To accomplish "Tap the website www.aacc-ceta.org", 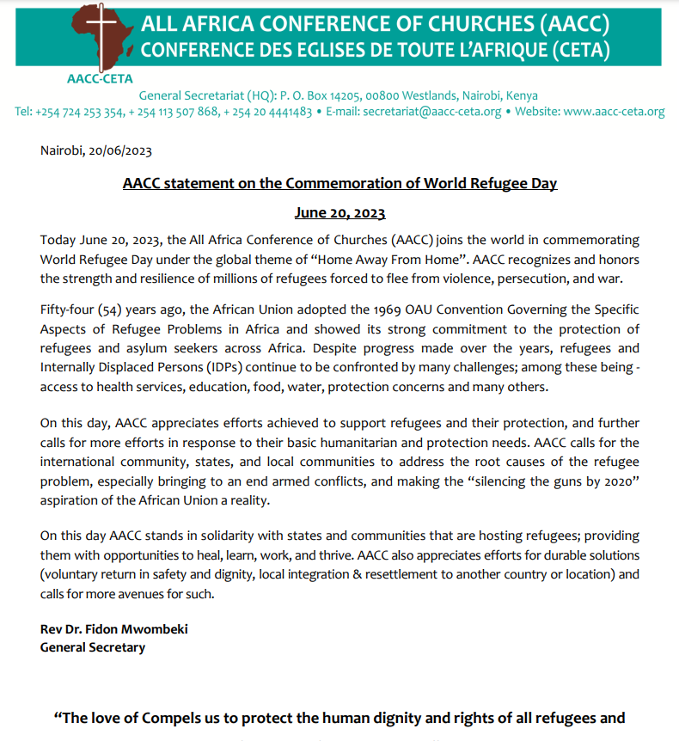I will point(615,112).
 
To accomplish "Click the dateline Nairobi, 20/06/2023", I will point(96,151).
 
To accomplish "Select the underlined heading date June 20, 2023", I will point(339,213).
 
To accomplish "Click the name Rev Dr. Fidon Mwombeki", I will point(114,629).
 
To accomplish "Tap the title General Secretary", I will point(93,647).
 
